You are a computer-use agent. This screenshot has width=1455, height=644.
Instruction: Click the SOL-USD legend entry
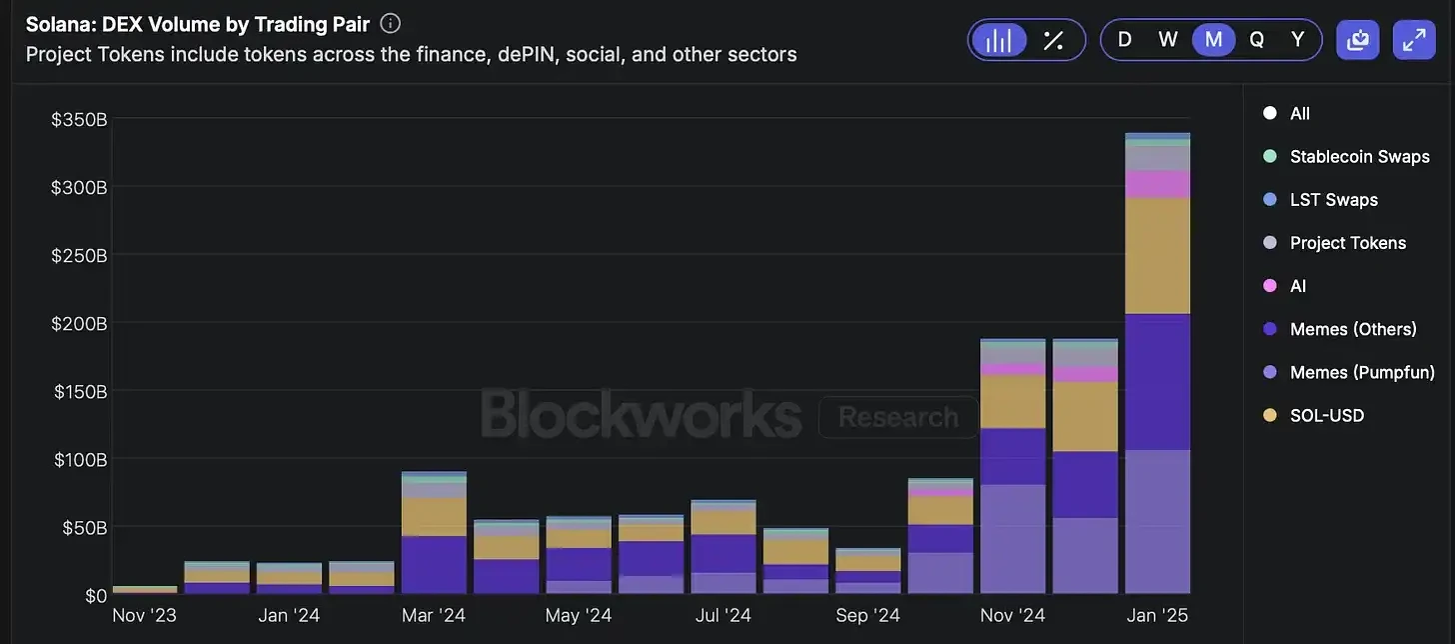tap(1326, 415)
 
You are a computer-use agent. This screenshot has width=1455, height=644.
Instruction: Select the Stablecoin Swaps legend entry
tap(1359, 156)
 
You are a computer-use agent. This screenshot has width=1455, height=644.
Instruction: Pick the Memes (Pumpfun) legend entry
tap(1361, 372)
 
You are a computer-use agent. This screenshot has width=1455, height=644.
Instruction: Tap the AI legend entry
tap(1297, 286)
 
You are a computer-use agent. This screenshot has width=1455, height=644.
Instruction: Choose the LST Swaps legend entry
tap(1333, 199)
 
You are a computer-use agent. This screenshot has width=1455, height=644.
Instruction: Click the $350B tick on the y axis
tap(79, 120)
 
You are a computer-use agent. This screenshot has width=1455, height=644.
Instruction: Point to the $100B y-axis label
tap(79, 460)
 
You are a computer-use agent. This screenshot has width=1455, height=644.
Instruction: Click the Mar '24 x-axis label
tap(434, 615)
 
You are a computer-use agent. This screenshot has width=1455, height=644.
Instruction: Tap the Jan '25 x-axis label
tap(1157, 615)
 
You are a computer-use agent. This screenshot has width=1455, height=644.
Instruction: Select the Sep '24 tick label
tap(867, 615)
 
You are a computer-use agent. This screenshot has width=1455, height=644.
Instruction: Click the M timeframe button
tap(1213, 40)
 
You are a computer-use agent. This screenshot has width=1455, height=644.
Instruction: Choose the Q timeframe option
tap(1256, 40)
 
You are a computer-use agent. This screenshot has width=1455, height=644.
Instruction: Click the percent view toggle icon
tap(1053, 40)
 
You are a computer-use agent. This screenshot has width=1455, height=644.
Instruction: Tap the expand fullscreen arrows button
tap(1414, 40)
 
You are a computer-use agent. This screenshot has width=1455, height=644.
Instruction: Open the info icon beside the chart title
tap(391, 23)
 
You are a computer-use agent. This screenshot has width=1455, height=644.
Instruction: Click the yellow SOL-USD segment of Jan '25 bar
tap(1157, 255)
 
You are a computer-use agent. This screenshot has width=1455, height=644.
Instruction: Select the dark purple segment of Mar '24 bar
tap(434, 565)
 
